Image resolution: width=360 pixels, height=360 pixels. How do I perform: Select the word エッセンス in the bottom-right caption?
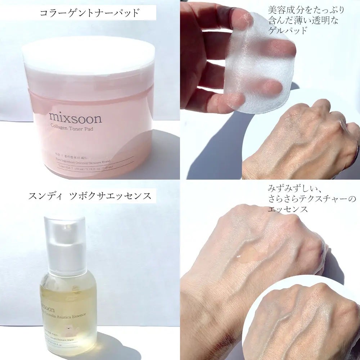point(288,209)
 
